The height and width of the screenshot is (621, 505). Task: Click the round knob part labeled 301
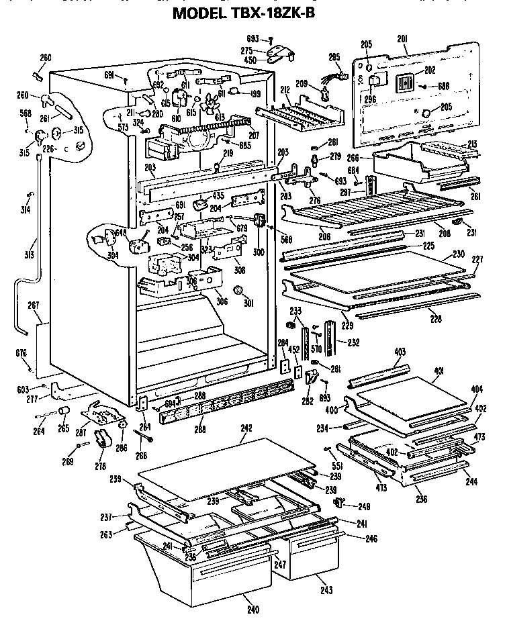[238, 289]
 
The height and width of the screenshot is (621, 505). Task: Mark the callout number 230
[459, 254]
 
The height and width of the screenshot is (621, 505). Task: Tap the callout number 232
[353, 342]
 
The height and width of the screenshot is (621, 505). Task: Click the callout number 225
[428, 246]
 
